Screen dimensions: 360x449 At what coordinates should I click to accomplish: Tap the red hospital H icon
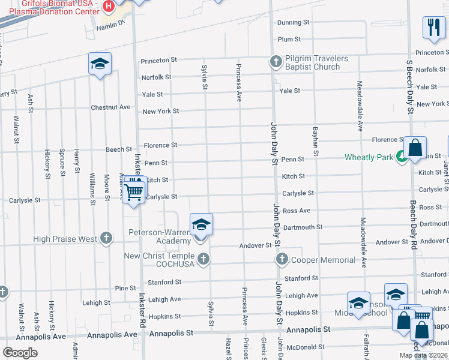[x=109, y=7]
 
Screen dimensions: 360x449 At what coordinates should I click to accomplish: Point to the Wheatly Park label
[x=369, y=158]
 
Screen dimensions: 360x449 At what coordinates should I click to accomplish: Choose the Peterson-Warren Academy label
[x=160, y=236]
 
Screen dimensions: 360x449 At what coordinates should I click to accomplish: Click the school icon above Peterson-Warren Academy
[x=202, y=226]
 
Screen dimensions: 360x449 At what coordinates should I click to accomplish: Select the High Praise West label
[x=65, y=239]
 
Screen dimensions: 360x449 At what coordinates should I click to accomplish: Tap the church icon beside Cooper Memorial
[x=282, y=259]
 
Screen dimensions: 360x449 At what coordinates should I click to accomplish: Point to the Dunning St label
[x=293, y=23]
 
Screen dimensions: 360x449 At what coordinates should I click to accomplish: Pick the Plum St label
[x=289, y=39]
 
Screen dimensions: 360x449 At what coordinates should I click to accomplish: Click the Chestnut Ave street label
[x=110, y=107]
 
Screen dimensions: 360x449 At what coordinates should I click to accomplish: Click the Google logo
[x=20, y=353]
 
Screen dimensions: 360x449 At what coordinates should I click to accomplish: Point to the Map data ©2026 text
[x=423, y=355]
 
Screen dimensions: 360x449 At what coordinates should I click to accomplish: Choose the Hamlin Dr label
[x=109, y=23]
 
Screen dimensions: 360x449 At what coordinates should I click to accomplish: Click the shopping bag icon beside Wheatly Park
[x=415, y=147]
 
